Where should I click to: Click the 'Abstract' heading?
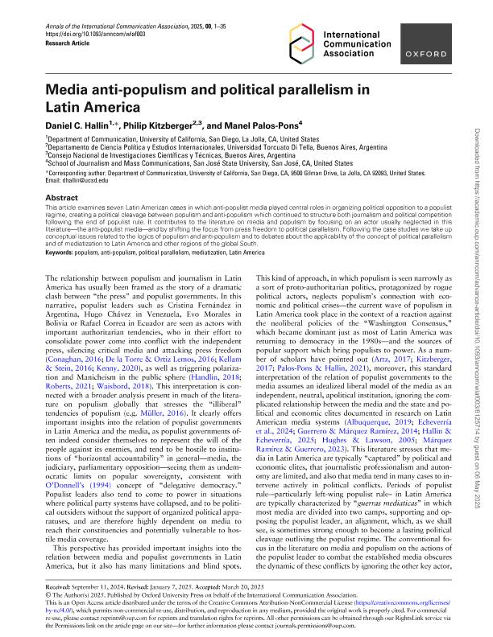pos(62,196)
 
